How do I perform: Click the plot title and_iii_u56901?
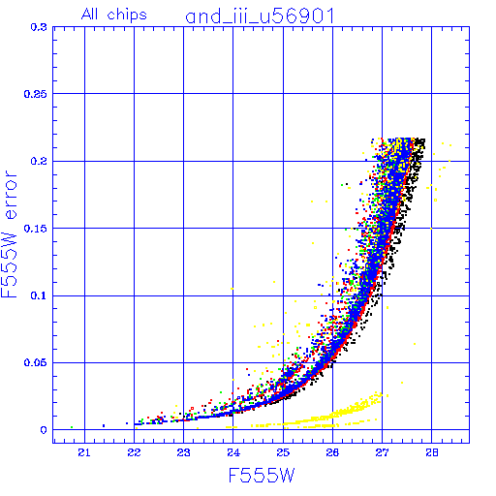[260, 16]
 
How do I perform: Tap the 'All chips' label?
[114, 15]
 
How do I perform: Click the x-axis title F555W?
[262, 476]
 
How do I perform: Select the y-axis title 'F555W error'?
[9, 234]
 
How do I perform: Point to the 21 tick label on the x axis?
[84, 453]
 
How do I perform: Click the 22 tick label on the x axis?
[134, 453]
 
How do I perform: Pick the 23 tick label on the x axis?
[183, 453]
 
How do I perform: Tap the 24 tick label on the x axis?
[233, 453]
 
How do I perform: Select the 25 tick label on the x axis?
[283, 453]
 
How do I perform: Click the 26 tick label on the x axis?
[332, 453]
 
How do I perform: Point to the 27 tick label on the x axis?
[382, 453]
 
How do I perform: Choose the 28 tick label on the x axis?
[432, 453]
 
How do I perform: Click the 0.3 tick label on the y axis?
[39, 27]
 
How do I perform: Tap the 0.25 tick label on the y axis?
[36, 94]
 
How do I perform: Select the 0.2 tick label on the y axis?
[39, 161]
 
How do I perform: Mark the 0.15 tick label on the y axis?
[36, 229]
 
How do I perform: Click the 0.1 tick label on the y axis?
[39, 295]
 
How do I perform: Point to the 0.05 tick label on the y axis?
[36, 363]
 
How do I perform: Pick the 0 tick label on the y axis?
[44, 430]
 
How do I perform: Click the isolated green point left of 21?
[72, 427]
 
